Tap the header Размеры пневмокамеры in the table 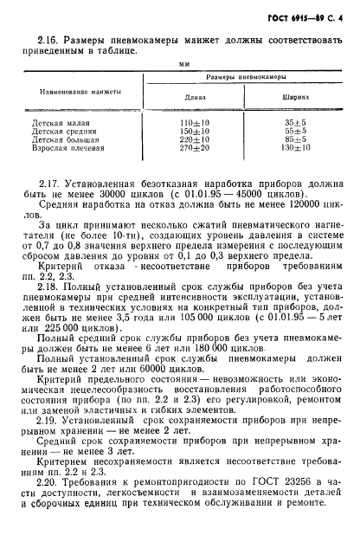[x=241, y=78]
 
